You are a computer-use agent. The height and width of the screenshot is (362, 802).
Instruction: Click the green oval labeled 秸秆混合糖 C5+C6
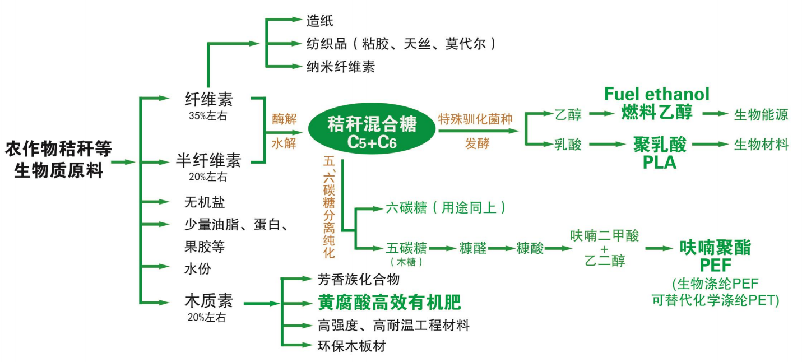tap(372, 132)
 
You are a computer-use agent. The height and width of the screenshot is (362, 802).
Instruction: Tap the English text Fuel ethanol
tap(657, 94)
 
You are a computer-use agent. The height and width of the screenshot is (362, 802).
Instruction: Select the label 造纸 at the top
tap(319, 21)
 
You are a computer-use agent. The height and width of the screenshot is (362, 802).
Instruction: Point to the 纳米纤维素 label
tap(341, 67)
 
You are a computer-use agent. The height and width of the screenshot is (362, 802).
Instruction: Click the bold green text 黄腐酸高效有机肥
tap(389, 302)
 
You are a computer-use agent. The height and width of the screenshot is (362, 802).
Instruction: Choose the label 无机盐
tap(205, 202)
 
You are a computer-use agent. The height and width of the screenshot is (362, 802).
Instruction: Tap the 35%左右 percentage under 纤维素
tap(208, 115)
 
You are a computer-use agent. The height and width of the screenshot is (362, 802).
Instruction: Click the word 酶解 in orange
tap(284, 119)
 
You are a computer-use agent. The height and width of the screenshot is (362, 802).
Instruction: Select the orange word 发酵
tap(478, 143)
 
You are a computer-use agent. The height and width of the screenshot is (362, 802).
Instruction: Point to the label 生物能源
tap(761, 114)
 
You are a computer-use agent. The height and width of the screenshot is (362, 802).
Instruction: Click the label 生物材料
tap(761, 145)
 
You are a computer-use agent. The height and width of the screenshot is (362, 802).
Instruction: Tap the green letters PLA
tap(660, 163)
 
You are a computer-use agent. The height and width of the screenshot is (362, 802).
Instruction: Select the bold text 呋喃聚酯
tap(715, 248)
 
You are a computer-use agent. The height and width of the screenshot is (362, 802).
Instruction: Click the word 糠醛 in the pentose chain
tap(473, 248)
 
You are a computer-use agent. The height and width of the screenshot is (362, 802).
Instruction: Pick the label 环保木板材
tap(351, 346)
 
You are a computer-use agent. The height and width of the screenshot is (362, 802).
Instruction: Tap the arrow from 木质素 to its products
tap(262, 304)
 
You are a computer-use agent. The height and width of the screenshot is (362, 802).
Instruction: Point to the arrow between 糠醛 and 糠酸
tap(501, 248)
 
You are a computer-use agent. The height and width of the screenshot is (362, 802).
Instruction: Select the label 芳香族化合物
tap(358, 279)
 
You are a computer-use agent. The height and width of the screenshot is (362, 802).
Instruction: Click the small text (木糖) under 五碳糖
tap(406, 262)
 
